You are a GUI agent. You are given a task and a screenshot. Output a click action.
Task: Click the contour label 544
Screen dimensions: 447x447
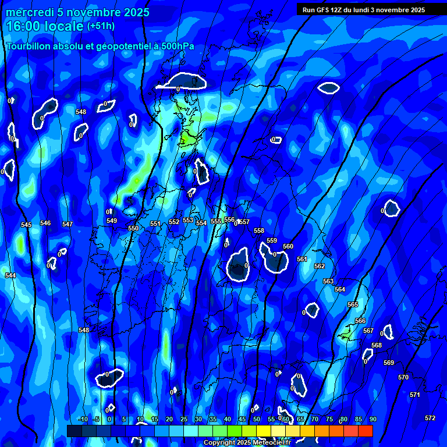click(10, 275)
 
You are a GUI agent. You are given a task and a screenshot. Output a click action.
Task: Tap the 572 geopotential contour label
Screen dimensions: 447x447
click(430, 418)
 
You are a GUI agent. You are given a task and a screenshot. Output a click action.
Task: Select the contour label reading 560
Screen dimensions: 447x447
click(288, 247)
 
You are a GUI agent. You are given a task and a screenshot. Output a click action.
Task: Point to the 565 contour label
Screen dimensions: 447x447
click(353, 305)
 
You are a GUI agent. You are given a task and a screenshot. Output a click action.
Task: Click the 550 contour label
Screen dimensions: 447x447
click(133, 229)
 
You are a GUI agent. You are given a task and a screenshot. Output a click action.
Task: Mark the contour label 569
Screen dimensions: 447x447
click(389, 363)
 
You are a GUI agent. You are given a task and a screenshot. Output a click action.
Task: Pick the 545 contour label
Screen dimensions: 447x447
click(26, 225)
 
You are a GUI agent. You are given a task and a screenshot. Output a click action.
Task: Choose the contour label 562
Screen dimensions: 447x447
click(320, 267)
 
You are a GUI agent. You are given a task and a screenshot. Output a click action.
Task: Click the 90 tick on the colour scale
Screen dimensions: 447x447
click(372, 420)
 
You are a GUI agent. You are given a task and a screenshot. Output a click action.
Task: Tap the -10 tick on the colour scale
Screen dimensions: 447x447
click(82, 420)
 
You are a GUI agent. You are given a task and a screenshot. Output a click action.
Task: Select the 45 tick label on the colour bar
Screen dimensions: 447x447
click(242, 420)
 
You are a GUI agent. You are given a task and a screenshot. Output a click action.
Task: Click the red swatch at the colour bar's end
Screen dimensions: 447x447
click(365, 431)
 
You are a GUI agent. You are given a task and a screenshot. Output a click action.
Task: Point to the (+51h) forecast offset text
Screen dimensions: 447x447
click(101, 26)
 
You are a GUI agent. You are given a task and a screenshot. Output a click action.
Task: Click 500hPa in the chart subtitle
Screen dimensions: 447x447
click(175, 47)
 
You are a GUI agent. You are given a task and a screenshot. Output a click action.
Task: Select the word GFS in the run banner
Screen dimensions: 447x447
click(322, 10)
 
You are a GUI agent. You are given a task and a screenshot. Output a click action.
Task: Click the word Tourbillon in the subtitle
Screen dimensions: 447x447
click(27, 47)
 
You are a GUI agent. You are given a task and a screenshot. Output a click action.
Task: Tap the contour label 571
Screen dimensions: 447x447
click(414, 395)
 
